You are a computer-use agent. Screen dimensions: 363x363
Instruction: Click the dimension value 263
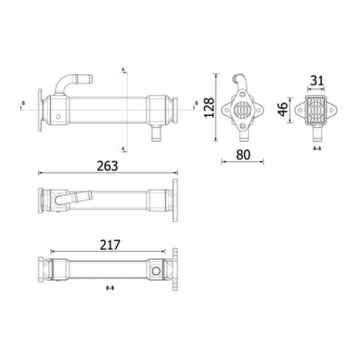(107, 166)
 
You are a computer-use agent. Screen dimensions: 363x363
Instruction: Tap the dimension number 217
(110, 245)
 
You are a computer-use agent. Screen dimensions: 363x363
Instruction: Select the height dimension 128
(209, 108)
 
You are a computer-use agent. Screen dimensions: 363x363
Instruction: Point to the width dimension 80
(243, 155)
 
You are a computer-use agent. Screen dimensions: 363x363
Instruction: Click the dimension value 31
(317, 81)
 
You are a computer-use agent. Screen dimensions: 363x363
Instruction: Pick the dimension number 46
(283, 109)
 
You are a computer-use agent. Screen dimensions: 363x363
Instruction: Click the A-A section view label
(317, 148)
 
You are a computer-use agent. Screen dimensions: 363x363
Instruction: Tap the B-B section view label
(110, 288)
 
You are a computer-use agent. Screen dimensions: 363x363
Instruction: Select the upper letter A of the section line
(123, 69)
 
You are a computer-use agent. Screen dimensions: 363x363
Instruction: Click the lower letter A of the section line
(123, 148)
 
